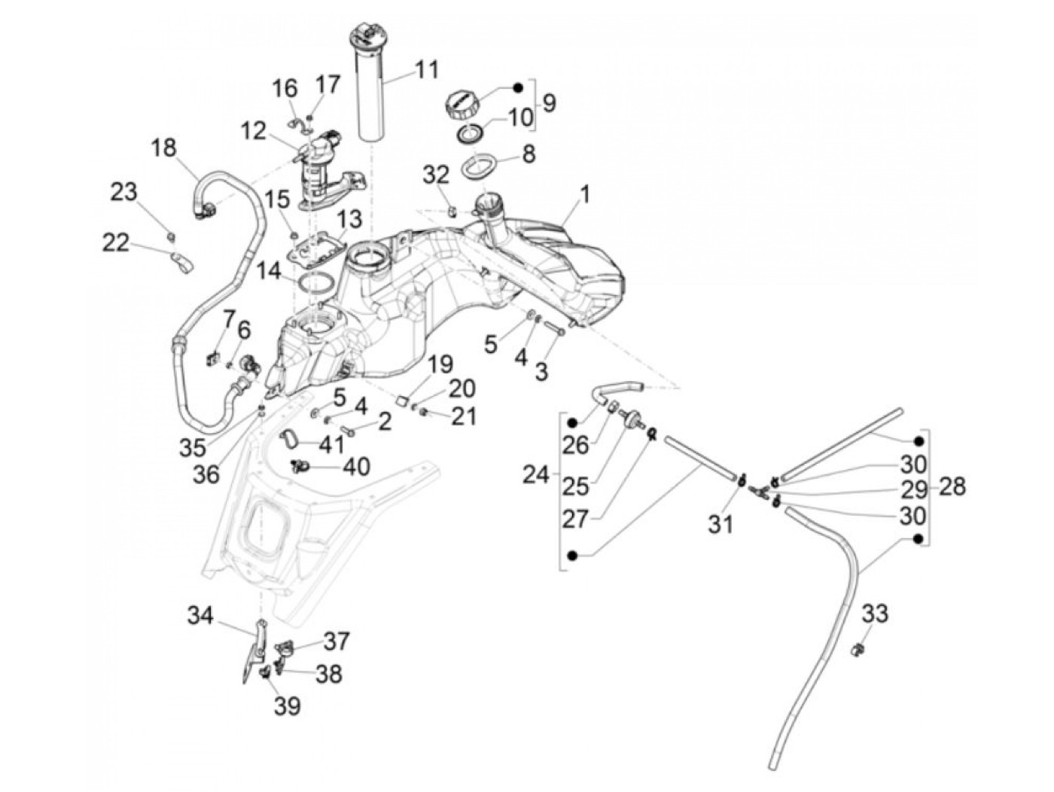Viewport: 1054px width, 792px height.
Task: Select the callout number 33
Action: tap(875, 614)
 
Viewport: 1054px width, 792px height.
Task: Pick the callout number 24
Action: tap(535, 475)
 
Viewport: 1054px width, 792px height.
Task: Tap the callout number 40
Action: tap(356, 467)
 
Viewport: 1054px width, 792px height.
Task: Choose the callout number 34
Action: tap(201, 617)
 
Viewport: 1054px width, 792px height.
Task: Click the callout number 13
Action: tap(349, 219)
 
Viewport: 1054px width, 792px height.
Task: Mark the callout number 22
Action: tap(116, 242)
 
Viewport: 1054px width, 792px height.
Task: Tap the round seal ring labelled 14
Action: tap(316, 282)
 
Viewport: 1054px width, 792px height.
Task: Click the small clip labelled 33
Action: tap(858, 648)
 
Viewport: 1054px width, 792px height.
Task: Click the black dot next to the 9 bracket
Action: tap(518, 87)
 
